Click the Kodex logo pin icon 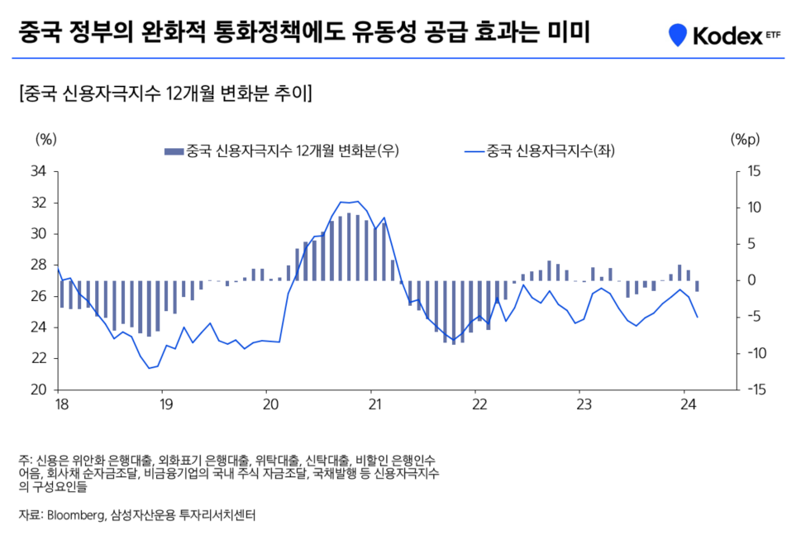(678, 35)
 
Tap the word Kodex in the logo (721, 36)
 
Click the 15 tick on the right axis (754, 172)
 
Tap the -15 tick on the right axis (754, 390)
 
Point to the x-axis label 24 (684, 406)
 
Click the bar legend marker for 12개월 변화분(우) (174, 151)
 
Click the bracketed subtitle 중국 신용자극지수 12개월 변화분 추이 (165, 92)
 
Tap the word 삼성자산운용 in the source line (137, 514)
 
